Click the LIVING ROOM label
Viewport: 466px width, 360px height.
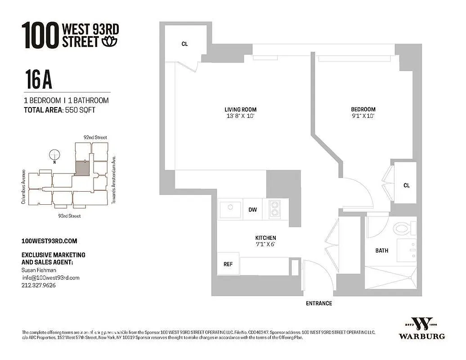[x=241, y=109]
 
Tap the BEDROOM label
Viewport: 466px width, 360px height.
[x=363, y=109]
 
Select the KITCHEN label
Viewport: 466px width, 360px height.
[x=265, y=238]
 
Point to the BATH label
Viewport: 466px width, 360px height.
[x=382, y=251]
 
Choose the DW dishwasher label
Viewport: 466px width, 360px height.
[x=253, y=210]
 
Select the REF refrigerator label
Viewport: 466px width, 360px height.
[x=228, y=264]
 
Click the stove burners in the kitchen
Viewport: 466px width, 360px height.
[x=275, y=209]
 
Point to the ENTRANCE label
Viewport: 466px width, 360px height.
[x=319, y=303]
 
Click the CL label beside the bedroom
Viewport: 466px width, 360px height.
[x=407, y=185]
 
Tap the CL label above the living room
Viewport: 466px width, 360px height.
[x=184, y=44]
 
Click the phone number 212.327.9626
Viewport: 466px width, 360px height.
[x=39, y=285]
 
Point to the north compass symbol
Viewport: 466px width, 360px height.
[x=54, y=154]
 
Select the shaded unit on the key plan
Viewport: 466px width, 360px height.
[x=81, y=169]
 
